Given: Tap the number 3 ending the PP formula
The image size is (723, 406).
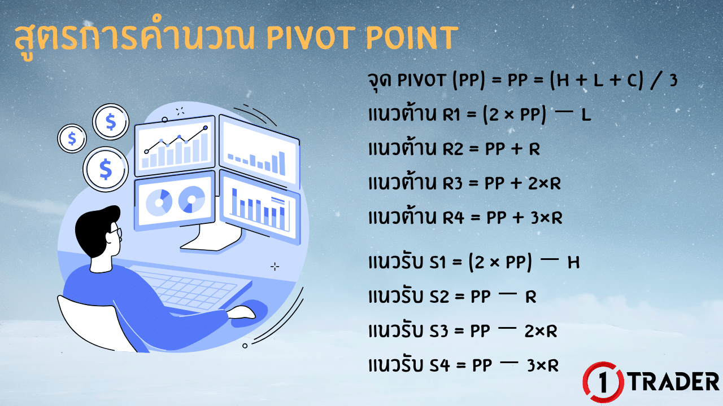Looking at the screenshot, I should pos(672,81).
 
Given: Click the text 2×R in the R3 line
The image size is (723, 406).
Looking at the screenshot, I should pos(543,183).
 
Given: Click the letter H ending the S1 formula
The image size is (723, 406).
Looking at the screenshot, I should pos(573,263).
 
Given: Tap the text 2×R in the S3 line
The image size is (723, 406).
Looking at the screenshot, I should pos(541,332).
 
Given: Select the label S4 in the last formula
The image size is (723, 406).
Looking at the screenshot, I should pos(439,365).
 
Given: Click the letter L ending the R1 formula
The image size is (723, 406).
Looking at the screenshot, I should pos(586,116).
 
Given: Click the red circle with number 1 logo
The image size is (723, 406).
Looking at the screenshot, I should pos(603,382).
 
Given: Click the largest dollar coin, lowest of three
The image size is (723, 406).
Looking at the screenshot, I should pos(105,168).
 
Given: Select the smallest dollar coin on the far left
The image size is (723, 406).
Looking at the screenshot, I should pos(72,138).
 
